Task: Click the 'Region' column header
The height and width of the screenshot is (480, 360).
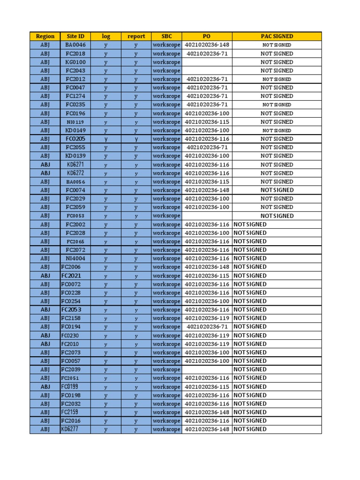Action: pyautogui.click(x=45, y=36)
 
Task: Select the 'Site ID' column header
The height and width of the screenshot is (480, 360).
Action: pyautogui.click(x=75, y=36)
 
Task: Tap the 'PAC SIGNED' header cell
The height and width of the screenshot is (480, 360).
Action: pyautogui.click(x=277, y=36)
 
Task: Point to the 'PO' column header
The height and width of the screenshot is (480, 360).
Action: pyautogui.click(x=207, y=36)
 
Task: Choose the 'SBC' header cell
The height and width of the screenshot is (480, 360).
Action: pyautogui.click(x=166, y=36)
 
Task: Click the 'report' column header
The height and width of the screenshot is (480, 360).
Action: pyautogui.click(x=136, y=36)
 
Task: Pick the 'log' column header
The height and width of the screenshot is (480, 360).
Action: pyautogui.click(x=106, y=36)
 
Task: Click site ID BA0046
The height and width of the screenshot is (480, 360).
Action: pyautogui.click(x=75, y=45)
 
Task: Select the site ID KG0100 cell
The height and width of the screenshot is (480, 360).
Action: pyautogui.click(x=75, y=62)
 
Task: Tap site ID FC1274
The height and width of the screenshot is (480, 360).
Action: pyautogui.click(x=75, y=96)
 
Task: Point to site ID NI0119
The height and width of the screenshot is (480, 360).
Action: pyautogui.click(x=75, y=122)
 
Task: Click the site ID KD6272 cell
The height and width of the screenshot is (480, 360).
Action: pyautogui.click(x=75, y=173)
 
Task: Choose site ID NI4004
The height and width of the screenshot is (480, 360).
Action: pyautogui.click(x=75, y=258)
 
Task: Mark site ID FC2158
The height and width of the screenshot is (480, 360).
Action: pyautogui.click(x=71, y=318)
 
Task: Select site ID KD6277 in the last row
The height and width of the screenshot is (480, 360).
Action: pyautogui.click(x=70, y=429)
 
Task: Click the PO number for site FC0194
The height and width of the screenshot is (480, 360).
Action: pyautogui.click(x=207, y=327)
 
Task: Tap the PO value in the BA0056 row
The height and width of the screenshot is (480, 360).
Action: pyautogui.click(x=207, y=181)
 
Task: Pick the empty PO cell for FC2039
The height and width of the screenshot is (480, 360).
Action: pyautogui.click(x=207, y=369)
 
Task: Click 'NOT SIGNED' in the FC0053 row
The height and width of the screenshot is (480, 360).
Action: pyautogui.click(x=277, y=216)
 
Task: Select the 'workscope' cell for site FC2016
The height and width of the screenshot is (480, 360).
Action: pyautogui.click(x=166, y=420)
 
